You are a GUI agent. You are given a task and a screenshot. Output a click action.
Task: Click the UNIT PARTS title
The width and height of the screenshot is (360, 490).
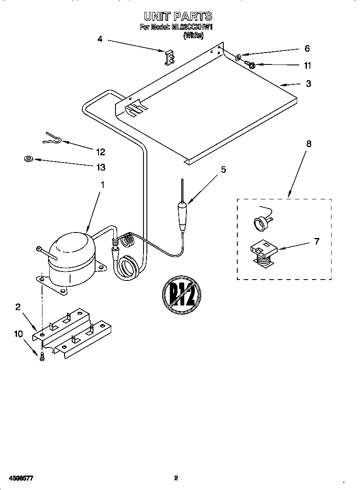pyautogui.click(x=177, y=17)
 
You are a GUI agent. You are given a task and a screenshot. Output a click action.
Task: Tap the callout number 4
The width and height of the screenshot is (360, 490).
pyautogui.click(x=100, y=39)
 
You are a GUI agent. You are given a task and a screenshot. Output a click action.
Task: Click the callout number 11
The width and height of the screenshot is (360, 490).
pyautogui.click(x=307, y=65)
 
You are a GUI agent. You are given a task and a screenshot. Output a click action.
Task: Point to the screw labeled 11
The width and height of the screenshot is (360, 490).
pyautogui.click(x=250, y=65)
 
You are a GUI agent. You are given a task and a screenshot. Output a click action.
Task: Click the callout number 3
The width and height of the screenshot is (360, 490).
pyautogui.click(x=309, y=84)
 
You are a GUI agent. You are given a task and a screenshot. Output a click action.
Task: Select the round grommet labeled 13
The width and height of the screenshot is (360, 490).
pyautogui.click(x=28, y=160)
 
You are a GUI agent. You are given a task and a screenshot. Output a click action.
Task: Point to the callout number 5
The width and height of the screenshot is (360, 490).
pyautogui.click(x=223, y=170)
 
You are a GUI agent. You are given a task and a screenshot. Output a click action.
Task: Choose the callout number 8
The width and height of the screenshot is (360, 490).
pyautogui.click(x=309, y=144)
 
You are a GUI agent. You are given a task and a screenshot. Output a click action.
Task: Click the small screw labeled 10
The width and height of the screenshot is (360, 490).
pyautogui.click(x=42, y=357)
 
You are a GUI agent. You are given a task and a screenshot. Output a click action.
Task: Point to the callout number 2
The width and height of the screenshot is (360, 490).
pyautogui.click(x=18, y=307)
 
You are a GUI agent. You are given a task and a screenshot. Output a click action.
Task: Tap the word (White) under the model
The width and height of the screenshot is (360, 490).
pyautogui.click(x=193, y=36)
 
